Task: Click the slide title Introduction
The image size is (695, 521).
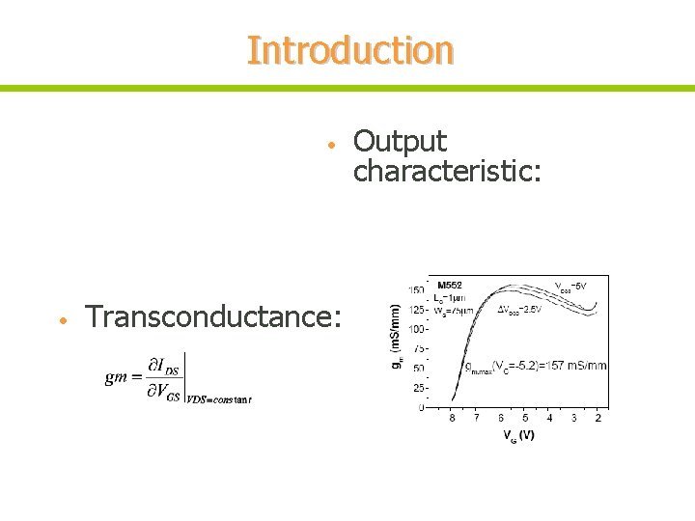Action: (349, 50)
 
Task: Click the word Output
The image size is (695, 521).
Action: (400, 142)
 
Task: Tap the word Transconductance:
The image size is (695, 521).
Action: (212, 316)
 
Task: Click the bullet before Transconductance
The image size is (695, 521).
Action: (61, 319)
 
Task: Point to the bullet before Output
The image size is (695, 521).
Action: (330, 145)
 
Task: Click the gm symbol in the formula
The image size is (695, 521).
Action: (116, 376)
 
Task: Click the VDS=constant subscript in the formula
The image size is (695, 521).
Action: (219, 398)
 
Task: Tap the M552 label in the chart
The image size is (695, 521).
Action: (450, 285)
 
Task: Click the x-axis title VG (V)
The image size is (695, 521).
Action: (517, 435)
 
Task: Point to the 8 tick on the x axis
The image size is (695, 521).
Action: (452, 418)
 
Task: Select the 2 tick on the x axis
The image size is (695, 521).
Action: (598, 418)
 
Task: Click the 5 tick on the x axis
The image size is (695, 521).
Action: (525, 418)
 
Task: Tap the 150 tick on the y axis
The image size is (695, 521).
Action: (416, 289)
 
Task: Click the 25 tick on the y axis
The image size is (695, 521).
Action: (419, 388)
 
